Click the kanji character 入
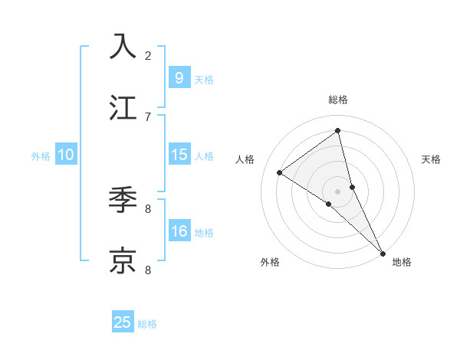pos(123,47)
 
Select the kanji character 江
pos(123,108)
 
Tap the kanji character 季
pos(123,200)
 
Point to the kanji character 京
pos(123,261)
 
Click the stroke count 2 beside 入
pos(148,55)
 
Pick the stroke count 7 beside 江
pos(148,116)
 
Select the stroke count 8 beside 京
pos(148,270)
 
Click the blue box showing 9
pos(179,77)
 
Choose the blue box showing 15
pos(179,155)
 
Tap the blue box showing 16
pos(179,231)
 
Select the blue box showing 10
pos(66,155)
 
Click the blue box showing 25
pos(123,322)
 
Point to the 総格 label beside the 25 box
pos(147,324)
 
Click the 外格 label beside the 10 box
pos(41,156)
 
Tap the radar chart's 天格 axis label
pos(431,159)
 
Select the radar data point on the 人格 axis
pos(280,172)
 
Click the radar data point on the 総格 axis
pos(338,131)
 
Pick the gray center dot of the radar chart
pos(338,191)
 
